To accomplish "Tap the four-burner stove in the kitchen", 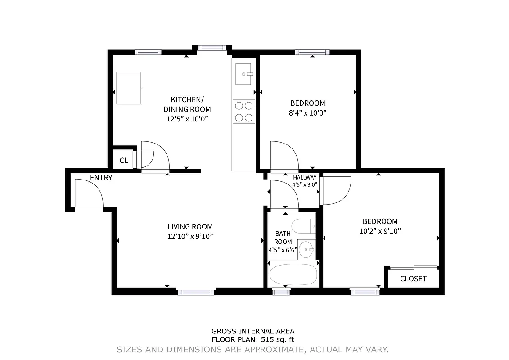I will tap(243, 112).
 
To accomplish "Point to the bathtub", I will tap(293, 274).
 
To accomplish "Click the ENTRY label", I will tap(101, 178).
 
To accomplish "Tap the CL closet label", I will tap(123, 161).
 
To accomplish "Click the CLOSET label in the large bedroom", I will tap(413, 279).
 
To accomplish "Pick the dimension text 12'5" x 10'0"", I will tap(187, 119).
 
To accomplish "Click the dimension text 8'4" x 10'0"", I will tap(307, 113).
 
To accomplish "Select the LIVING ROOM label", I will tap(190, 227).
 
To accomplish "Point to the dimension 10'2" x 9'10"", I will tap(380, 231).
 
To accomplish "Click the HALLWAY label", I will tap(305, 177).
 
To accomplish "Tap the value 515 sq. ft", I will tap(275, 340).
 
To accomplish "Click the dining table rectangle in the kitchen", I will tap(130, 88).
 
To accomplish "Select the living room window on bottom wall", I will tap(196, 292).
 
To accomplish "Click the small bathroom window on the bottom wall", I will tap(281, 292).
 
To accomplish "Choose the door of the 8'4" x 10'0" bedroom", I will tap(284, 154).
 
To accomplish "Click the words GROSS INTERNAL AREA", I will tap(253, 331).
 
